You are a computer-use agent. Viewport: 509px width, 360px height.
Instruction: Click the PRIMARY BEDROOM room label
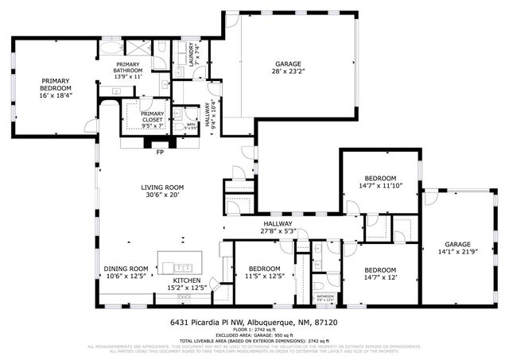(55, 84)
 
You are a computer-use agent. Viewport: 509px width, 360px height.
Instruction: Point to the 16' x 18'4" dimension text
(55, 95)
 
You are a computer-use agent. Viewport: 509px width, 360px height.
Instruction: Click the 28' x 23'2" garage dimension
(288, 70)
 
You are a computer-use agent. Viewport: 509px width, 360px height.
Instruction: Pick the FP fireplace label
(160, 152)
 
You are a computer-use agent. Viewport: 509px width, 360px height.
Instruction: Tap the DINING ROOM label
(126, 269)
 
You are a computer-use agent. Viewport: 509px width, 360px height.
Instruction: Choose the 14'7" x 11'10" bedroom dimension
(380, 186)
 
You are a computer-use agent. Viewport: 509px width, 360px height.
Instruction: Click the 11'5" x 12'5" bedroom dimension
(263, 277)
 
